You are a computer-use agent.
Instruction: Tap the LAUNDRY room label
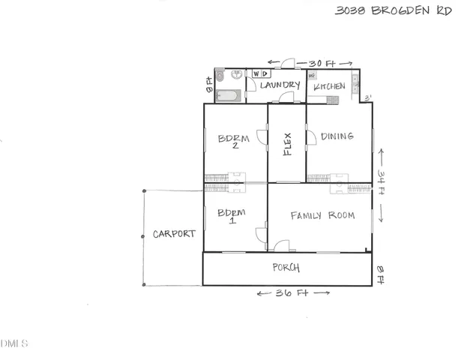(280, 86)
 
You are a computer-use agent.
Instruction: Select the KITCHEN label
(329, 87)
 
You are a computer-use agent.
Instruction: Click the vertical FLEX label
(287, 143)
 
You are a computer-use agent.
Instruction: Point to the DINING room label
(337, 136)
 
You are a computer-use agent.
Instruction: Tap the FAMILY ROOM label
(322, 215)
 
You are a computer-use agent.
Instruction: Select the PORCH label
(286, 268)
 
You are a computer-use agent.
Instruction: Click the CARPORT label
(174, 234)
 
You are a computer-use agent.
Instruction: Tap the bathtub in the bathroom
(227, 95)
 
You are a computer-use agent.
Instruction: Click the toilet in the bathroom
(220, 76)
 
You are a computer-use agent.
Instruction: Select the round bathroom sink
(236, 74)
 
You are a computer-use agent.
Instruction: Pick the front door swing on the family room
(281, 245)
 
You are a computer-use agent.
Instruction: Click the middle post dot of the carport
(143, 236)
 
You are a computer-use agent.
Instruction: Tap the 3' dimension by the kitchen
(367, 97)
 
